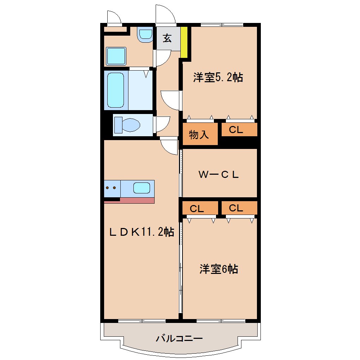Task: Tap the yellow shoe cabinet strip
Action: point(184,42)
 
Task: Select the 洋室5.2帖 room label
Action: point(218,78)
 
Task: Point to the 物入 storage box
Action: point(199,134)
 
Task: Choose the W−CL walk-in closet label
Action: point(219,174)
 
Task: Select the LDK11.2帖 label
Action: point(141,232)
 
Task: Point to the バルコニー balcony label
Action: point(179,339)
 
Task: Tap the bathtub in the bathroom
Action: point(116,90)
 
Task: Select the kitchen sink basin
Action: point(142,188)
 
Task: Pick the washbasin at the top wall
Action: point(145,34)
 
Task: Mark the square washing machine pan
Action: point(116,56)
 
